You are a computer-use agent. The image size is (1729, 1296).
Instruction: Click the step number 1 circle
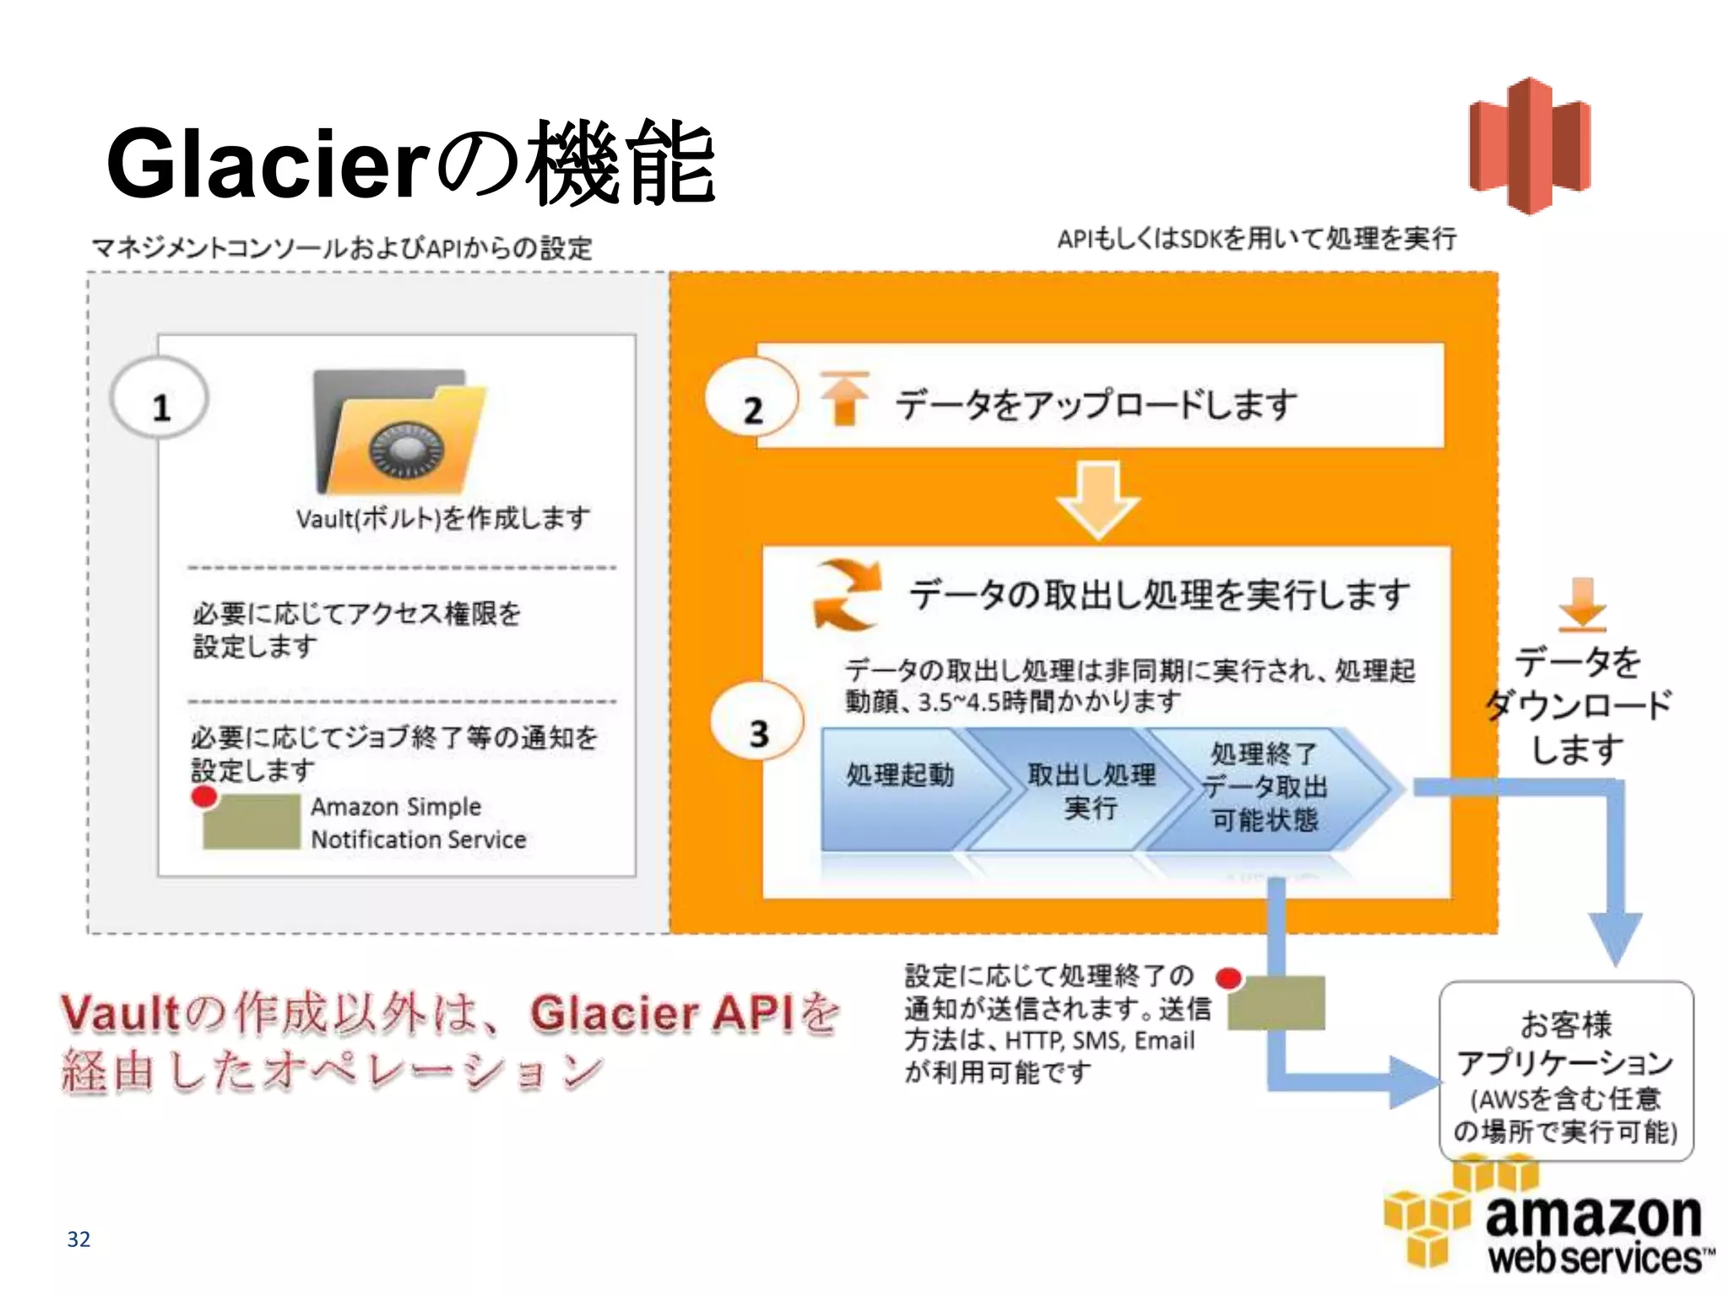pyautogui.click(x=160, y=398)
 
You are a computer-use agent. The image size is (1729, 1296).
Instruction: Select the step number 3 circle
pyautogui.click(x=757, y=722)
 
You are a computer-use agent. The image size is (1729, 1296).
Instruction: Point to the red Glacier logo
pyautogui.click(x=1530, y=145)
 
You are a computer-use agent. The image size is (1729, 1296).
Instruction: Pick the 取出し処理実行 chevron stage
pyautogui.click(x=1090, y=791)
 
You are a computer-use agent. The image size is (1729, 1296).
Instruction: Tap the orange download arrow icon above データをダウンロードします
pyautogui.click(x=1582, y=604)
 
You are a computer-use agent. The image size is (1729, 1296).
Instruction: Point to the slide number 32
pyautogui.click(x=79, y=1239)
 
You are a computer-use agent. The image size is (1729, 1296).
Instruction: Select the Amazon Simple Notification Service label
pyautogui.click(x=418, y=823)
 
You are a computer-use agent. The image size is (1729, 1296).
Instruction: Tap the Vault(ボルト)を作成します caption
pyautogui.click(x=442, y=518)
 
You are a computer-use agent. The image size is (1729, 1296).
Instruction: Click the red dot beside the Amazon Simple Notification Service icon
pyautogui.click(x=203, y=796)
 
